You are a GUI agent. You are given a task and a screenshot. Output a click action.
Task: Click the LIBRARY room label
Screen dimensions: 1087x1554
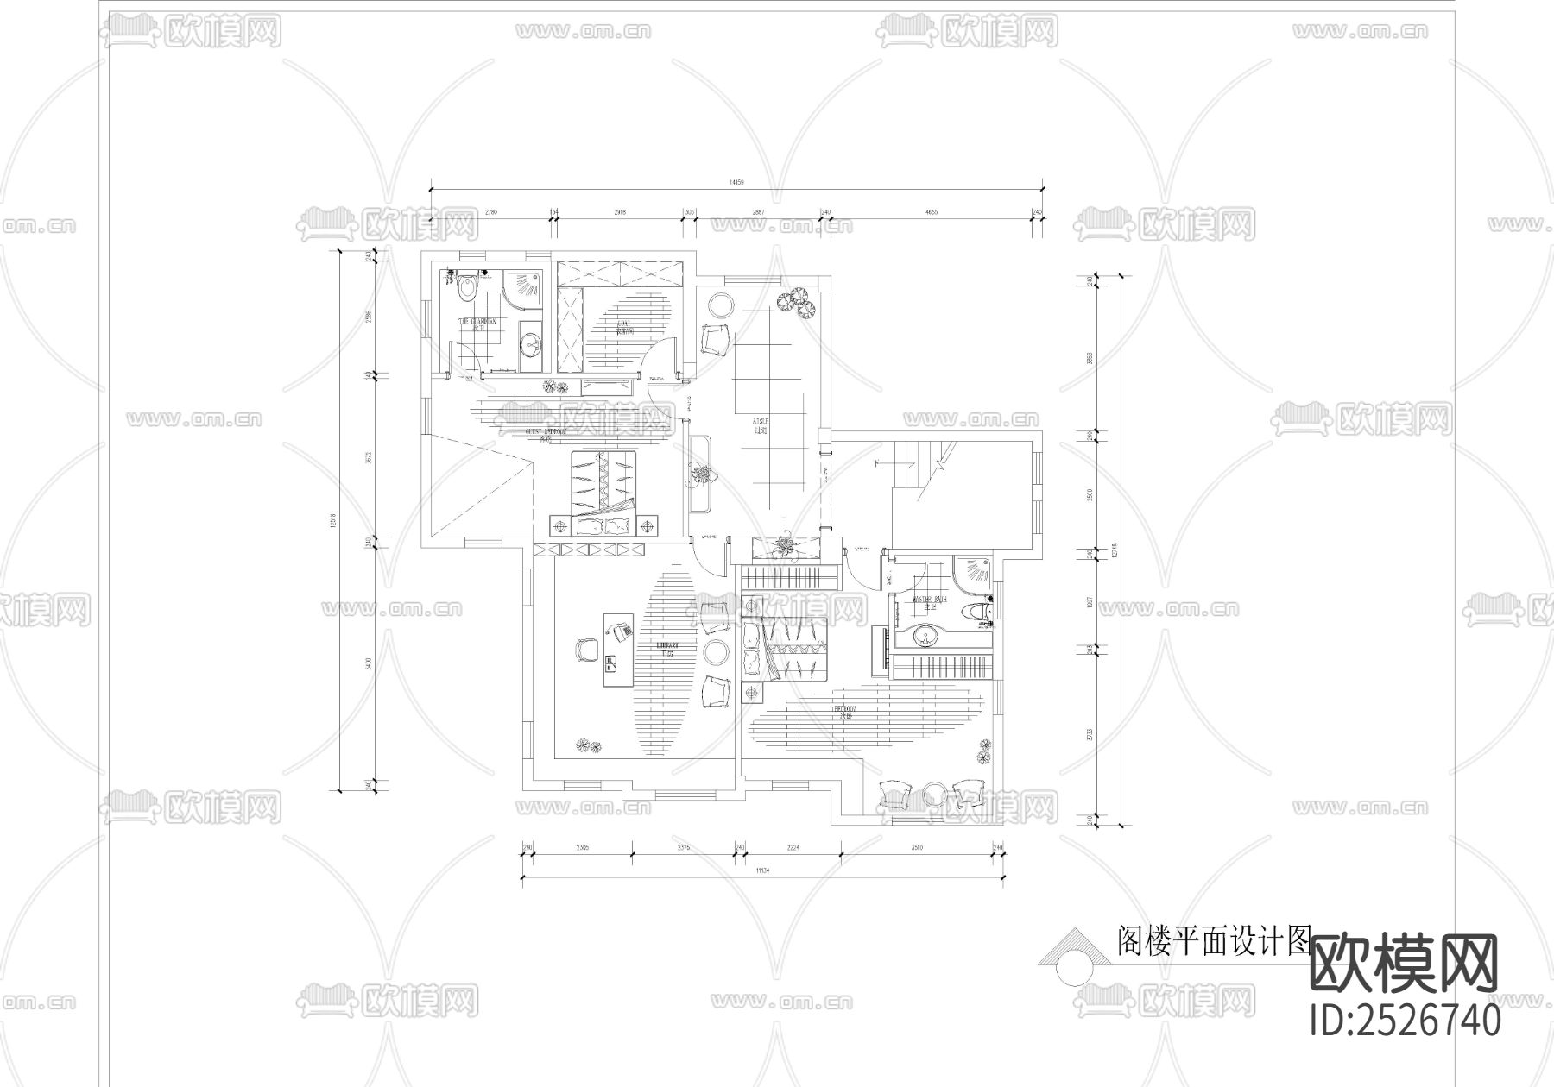pos(667,649)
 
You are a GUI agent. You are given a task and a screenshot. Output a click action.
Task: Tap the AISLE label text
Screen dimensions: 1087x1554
pos(761,424)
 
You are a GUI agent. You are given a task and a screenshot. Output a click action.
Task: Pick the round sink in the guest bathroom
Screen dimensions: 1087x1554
pos(531,345)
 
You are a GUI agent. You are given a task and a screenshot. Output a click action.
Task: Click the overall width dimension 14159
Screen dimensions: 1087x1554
pos(736,183)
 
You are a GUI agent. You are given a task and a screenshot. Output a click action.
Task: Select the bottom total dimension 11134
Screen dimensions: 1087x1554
pos(762,871)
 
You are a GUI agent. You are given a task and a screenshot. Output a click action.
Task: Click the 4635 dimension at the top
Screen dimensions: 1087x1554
pos(931,211)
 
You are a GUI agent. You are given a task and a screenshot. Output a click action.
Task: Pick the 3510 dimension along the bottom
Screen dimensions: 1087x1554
pos(917,848)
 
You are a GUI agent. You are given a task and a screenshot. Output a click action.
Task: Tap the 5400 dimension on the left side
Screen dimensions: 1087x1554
pos(369,663)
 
